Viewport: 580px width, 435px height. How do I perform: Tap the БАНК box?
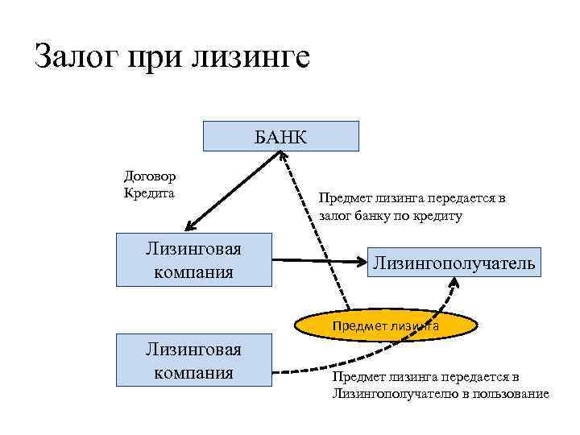pyautogui.click(x=280, y=136)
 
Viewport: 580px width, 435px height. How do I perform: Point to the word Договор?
pyautogui.click(x=151, y=176)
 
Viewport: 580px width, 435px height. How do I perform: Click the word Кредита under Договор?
pyautogui.click(x=149, y=193)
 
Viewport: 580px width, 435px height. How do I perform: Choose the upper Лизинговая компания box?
pyautogui.click(x=193, y=259)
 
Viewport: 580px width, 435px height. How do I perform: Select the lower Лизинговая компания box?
pyautogui.click(x=193, y=361)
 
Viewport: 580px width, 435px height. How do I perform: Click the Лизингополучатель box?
pyautogui.click(x=452, y=263)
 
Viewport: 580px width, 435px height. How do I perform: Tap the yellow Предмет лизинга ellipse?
pyautogui.click(x=385, y=326)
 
